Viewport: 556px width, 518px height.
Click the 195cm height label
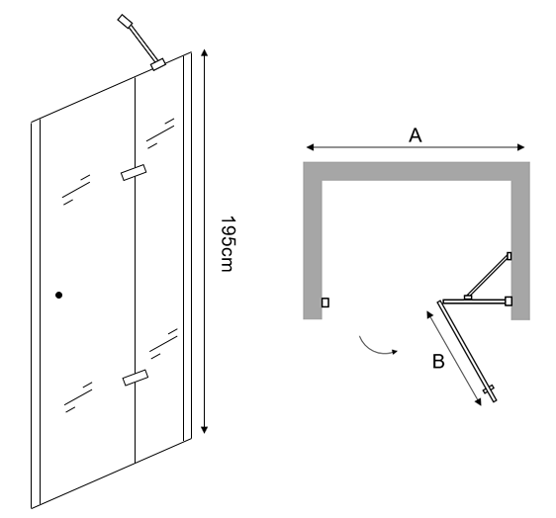[x=228, y=244]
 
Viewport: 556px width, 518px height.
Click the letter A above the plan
[x=416, y=135]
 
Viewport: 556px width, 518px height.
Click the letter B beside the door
[x=438, y=362]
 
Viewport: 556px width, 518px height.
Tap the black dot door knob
[x=58, y=295]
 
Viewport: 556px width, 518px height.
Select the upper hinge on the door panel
[x=134, y=173]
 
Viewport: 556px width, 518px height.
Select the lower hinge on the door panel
[x=136, y=378]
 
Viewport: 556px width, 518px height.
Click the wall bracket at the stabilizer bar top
[x=125, y=21]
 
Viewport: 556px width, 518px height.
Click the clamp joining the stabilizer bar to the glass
[x=158, y=64]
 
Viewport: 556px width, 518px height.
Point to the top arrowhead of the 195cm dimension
[x=204, y=53]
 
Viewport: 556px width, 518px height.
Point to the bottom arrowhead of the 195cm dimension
[x=204, y=430]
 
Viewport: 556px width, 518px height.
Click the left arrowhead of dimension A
[x=310, y=147]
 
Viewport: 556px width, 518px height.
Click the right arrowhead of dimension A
[x=520, y=147]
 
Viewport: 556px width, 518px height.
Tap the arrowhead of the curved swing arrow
[x=395, y=351]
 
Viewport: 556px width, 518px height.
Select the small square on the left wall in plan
[x=325, y=302]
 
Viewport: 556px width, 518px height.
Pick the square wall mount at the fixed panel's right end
[x=509, y=302]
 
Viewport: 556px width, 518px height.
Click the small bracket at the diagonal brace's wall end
[x=510, y=256]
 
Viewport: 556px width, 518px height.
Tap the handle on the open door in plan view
[x=489, y=389]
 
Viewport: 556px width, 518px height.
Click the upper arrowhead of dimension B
[x=429, y=314]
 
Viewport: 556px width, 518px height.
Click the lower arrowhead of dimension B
[x=479, y=401]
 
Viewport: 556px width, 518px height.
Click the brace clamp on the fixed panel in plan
[x=468, y=298]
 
